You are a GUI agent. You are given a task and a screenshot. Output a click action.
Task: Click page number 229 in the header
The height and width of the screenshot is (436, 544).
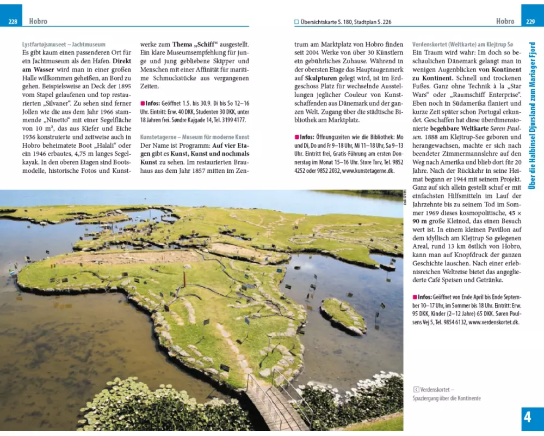[x=531, y=22]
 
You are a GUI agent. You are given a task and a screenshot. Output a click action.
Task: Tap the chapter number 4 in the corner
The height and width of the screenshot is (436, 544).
[x=527, y=417]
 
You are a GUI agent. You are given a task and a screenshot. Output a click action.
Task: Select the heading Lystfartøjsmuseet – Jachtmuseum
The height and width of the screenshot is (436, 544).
[x=64, y=44]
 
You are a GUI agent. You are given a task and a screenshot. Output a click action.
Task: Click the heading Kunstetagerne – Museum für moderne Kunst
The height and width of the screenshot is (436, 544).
[x=195, y=137]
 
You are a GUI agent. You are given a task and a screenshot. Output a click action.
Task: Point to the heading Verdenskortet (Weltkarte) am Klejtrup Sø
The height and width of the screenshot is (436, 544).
[x=462, y=44]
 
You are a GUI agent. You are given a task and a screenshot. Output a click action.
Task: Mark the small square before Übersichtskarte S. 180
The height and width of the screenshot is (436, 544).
[x=296, y=22]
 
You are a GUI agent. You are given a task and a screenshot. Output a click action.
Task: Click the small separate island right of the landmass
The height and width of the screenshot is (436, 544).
[x=343, y=316]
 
